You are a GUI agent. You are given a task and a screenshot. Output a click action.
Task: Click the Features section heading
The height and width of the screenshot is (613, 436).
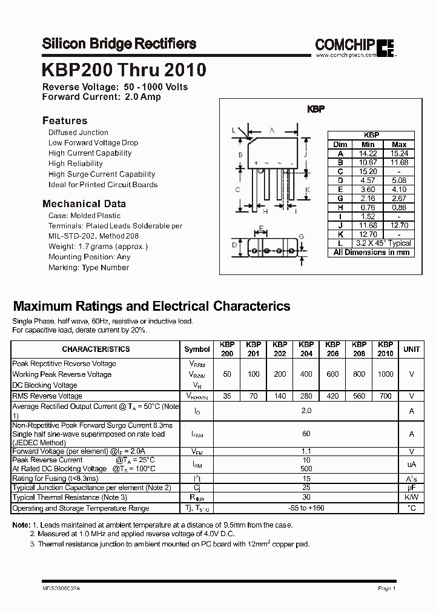point(65,121)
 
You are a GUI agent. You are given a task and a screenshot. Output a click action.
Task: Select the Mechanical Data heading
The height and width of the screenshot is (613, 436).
point(84,204)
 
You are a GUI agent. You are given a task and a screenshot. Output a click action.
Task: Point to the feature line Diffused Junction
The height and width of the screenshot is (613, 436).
point(78,132)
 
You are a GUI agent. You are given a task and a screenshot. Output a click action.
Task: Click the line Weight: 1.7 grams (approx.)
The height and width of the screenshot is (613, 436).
point(98,247)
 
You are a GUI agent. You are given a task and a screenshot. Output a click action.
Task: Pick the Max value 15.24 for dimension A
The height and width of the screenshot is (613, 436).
point(399,154)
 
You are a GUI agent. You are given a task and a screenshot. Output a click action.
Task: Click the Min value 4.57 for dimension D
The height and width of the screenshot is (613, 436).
point(368,180)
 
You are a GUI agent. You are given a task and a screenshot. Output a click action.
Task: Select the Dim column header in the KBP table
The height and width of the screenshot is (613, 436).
point(340,145)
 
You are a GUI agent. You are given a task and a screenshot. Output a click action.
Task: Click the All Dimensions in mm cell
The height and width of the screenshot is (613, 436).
point(371,252)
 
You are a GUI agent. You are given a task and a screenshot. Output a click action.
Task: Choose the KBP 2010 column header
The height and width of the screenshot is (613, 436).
point(385,349)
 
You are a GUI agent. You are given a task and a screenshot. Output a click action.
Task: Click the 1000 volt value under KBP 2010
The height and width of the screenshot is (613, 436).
point(385,374)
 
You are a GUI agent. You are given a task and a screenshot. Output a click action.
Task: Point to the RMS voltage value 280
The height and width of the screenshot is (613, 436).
point(306,396)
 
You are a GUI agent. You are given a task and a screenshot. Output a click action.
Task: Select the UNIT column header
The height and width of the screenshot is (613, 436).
point(412,349)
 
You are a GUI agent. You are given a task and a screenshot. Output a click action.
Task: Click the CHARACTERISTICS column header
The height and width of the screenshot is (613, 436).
point(96,349)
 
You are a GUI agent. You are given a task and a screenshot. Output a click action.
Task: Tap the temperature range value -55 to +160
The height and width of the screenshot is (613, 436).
point(306,508)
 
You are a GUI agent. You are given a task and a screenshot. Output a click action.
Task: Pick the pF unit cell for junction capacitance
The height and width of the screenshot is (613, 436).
point(412,488)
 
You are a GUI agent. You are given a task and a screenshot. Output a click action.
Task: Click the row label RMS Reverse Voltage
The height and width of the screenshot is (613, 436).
point(47,396)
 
